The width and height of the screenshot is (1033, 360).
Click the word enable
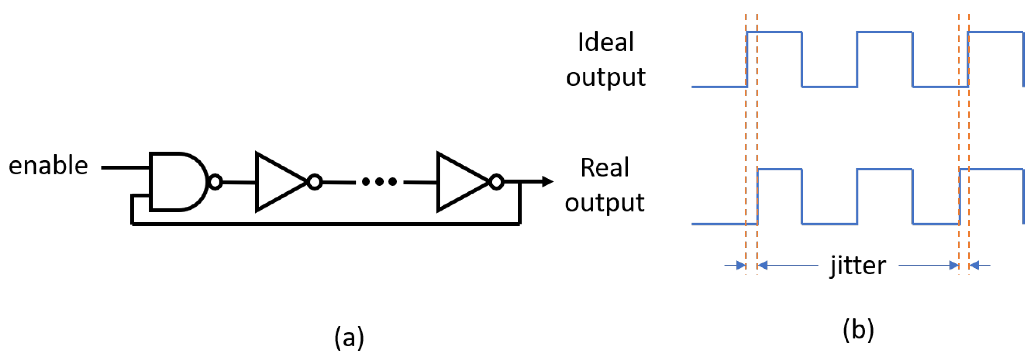pyautogui.click(x=48, y=166)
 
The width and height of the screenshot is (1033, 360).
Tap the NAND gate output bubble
pyautogui.click(x=215, y=182)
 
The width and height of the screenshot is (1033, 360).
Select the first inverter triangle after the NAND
pyautogui.click(x=277, y=182)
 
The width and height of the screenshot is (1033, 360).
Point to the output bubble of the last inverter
pyautogui.click(x=496, y=182)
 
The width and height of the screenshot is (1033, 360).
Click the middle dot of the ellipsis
pyautogui.click(x=379, y=182)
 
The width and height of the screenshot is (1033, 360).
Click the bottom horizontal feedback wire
pyautogui.click(x=325, y=224)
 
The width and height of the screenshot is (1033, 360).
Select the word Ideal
pyautogui.click(x=605, y=42)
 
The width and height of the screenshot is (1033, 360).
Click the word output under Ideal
pyautogui.click(x=605, y=77)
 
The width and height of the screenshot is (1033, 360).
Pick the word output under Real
pyautogui.click(x=604, y=202)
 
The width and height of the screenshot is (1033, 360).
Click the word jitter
pyautogui.click(x=858, y=265)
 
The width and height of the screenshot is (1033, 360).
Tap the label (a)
pyautogui.click(x=349, y=337)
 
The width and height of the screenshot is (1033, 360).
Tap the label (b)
pyautogui.click(x=858, y=330)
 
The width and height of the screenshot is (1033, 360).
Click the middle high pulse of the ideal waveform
pyautogui.click(x=885, y=32)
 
